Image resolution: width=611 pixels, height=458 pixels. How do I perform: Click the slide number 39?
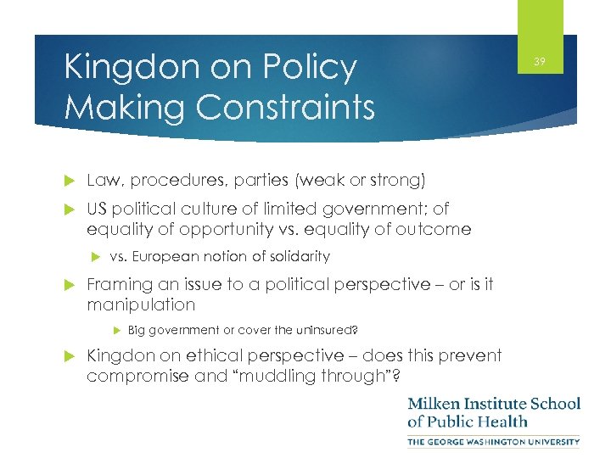click(x=540, y=61)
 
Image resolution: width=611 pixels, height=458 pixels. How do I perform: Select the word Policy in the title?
click(x=307, y=67)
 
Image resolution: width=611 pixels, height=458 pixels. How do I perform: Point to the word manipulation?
click(x=141, y=304)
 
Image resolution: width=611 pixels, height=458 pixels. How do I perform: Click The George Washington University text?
click(x=494, y=441)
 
